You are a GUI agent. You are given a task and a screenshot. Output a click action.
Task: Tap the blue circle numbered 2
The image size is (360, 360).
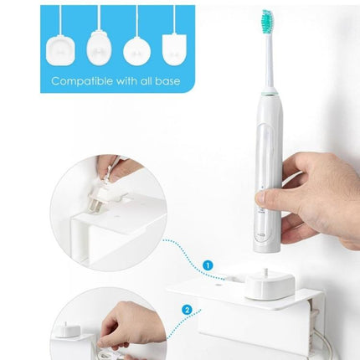186,308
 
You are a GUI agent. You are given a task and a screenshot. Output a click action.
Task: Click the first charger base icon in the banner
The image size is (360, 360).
59,49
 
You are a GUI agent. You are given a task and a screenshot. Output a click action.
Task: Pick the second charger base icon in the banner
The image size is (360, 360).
98,49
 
